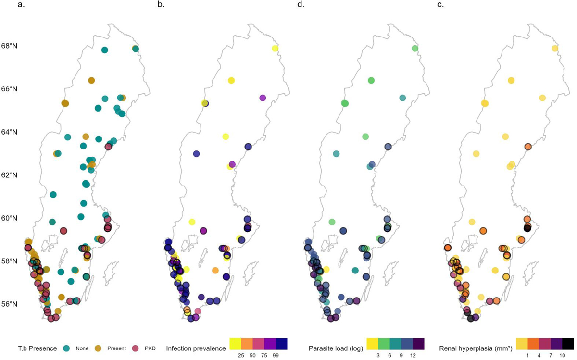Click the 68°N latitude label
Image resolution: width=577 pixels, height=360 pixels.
point(10,46)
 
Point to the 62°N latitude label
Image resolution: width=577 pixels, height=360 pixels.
point(10,175)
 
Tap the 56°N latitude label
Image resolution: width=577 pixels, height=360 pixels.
point(10,304)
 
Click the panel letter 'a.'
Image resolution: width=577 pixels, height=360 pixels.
point(21,5)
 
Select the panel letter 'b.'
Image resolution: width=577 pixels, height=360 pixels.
point(161,5)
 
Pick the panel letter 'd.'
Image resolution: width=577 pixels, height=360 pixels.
point(301,5)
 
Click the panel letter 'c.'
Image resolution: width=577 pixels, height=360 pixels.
point(441,5)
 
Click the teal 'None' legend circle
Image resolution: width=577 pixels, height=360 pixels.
point(67,348)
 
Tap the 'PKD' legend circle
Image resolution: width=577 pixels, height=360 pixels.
point(135,348)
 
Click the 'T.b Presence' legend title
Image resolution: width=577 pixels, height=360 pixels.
point(38,348)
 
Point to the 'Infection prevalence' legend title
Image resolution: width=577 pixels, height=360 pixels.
point(196,348)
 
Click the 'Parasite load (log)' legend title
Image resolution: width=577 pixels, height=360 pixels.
point(336,348)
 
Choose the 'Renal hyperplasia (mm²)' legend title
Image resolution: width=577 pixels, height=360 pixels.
point(476,348)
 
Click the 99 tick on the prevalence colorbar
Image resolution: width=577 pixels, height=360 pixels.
point(276,356)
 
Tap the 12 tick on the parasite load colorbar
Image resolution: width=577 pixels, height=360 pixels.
point(413,356)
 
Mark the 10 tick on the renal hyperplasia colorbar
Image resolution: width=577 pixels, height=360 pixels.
point(562,356)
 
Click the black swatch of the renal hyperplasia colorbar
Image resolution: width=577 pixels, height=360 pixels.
point(568,344)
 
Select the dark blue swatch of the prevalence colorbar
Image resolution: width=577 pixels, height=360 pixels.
point(281,344)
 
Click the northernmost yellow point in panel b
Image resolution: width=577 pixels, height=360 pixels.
point(275,49)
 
